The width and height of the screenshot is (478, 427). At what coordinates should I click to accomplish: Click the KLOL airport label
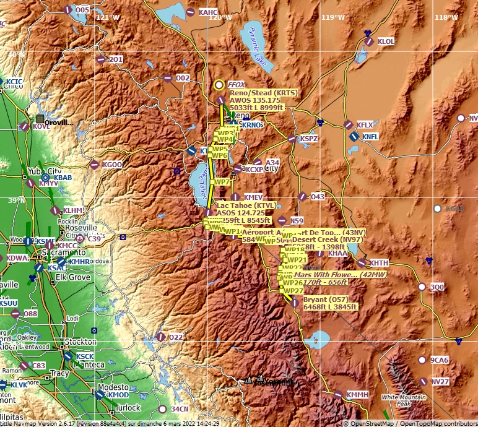tap(386, 41)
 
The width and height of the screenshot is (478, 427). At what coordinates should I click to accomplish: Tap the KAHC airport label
tap(208, 12)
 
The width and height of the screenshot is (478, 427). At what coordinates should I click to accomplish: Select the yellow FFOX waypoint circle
tap(219, 85)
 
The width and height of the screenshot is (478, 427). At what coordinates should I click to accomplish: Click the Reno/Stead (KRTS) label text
tap(263, 93)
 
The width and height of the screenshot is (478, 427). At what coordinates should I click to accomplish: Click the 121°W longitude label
tap(108, 17)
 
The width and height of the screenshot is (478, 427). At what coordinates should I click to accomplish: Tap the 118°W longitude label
tap(445, 17)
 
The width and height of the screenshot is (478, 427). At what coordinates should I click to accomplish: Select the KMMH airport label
tap(357, 394)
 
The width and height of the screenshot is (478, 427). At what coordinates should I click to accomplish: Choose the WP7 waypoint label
tap(222, 182)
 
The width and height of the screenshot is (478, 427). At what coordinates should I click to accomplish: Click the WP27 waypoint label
tap(293, 290)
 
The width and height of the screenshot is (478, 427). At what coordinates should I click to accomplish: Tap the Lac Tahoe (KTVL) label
tap(246, 205)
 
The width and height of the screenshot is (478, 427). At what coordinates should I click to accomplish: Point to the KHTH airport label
tap(379, 263)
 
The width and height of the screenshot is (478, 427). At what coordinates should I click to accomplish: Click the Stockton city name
tap(80, 342)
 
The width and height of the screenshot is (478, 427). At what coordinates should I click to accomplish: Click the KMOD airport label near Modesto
tap(118, 395)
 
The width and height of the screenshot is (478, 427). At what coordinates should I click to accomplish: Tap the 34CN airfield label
tap(179, 409)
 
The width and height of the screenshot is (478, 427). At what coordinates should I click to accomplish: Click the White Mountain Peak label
tap(396, 400)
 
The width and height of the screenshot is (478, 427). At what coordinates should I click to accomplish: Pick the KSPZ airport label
tap(308, 139)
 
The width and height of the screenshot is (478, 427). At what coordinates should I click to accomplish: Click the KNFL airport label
tap(370, 137)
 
